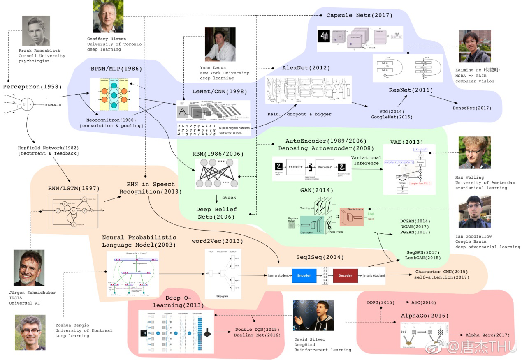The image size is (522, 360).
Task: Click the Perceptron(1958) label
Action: tap(32, 87)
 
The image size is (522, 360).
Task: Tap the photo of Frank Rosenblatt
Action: tap(36, 31)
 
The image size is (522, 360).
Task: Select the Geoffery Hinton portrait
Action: tap(108, 18)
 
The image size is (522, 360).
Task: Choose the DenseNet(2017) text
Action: tap(471, 108)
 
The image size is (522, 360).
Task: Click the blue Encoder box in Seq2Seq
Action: tap(304, 275)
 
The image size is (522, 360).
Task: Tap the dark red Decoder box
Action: tap(345, 275)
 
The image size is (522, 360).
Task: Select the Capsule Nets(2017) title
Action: tap(359, 15)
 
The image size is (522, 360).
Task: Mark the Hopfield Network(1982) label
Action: tap(49, 148)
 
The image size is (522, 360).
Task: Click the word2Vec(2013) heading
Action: tap(217, 241)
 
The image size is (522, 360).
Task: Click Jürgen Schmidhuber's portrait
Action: tap(29, 268)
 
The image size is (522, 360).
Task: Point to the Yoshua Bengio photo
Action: tap(30, 332)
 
